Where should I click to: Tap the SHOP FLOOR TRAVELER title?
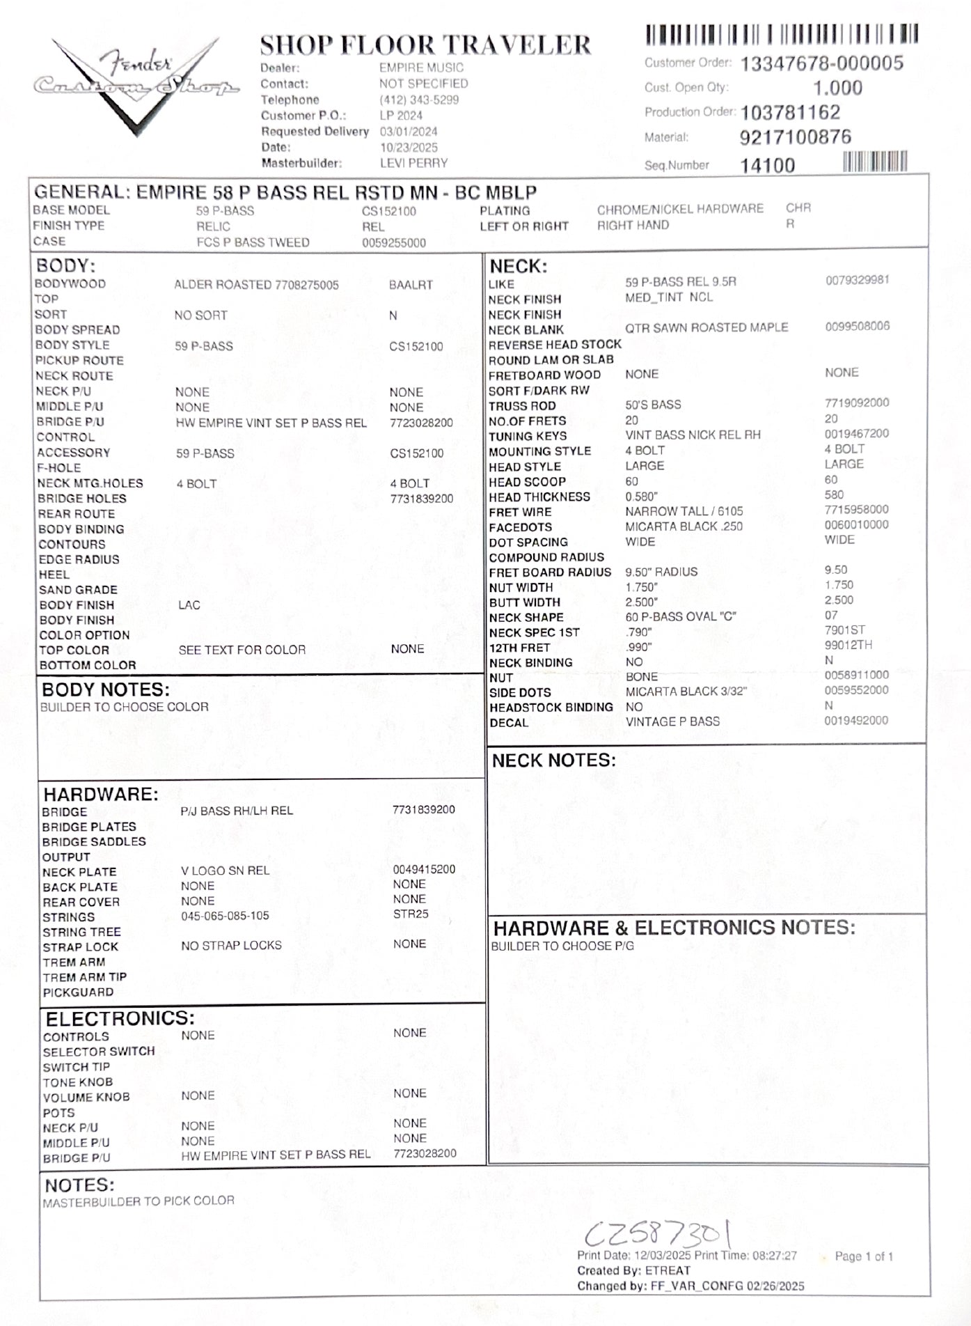[x=425, y=45]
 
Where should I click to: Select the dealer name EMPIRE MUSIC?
[x=421, y=68]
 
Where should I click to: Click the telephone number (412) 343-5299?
[x=419, y=100]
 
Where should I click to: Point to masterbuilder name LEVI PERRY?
[x=413, y=163]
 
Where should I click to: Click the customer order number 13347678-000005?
[x=821, y=63]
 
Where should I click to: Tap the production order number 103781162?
[x=790, y=112]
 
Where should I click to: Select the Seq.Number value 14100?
[x=767, y=165]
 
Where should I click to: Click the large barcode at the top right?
[x=782, y=34]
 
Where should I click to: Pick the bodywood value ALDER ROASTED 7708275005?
[x=256, y=285]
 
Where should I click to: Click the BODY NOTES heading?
[x=106, y=689]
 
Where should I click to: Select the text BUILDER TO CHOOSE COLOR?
[x=124, y=707]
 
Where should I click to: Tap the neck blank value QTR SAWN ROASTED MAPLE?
[x=706, y=327]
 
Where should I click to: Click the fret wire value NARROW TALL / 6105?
[x=684, y=512]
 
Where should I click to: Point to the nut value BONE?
[x=641, y=677]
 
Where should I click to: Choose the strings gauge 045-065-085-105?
[x=225, y=916]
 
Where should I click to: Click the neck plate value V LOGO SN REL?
[x=225, y=871]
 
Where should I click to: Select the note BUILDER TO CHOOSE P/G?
[x=562, y=946]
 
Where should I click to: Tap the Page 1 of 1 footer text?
[x=864, y=1256]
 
